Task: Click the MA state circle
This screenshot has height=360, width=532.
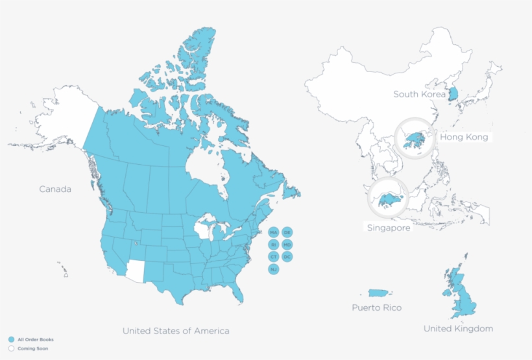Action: tap(273, 232)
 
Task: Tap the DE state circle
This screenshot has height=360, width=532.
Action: tap(287, 232)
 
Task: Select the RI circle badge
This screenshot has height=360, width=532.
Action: tap(273, 245)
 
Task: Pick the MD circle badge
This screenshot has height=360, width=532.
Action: tap(287, 245)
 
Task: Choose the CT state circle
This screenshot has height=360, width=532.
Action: tap(273, 257)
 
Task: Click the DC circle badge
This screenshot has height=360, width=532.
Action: tap(287, 257)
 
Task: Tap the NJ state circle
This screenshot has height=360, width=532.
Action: tap(273, 269)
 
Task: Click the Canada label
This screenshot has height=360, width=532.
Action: tap(55, 189)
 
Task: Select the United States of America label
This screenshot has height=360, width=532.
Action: tap(176, 331)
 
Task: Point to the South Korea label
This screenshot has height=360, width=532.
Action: tap(420, 95)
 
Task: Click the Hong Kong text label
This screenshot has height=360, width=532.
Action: tap(464, 138)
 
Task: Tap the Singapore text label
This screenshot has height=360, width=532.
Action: tap(389, 228)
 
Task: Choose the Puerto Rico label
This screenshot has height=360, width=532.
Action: tap(377, 307)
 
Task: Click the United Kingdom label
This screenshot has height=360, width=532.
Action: tap(458, 329)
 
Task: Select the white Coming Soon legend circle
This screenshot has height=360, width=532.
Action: tap(12, 348)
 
